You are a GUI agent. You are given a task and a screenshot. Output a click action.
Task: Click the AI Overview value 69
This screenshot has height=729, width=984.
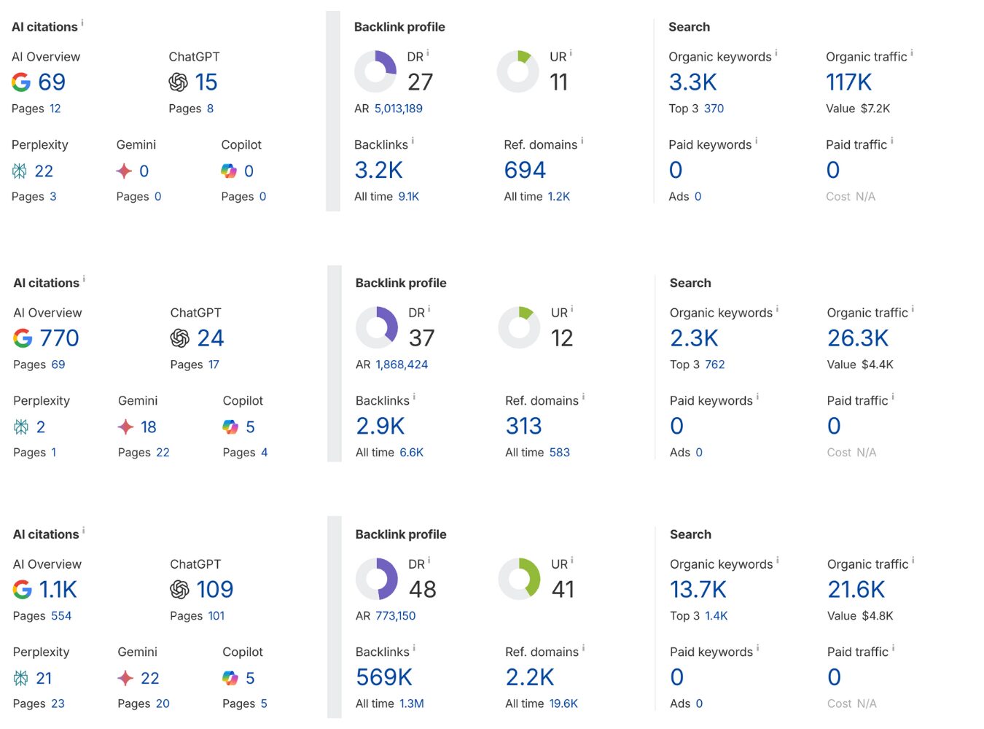[x=52, y=82]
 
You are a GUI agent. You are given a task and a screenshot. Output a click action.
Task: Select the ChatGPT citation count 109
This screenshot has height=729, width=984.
[x=214, y=590]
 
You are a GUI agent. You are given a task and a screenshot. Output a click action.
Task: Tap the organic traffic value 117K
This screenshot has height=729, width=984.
[x=848, y=82]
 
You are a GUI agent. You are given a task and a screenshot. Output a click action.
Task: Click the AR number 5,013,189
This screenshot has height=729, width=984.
[x=398, y=109]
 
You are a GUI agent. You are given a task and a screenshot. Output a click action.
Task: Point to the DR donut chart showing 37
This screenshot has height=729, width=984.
[x=377, y=327]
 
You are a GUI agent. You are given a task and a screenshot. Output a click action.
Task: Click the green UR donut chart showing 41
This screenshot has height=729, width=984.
[x=519, y=579]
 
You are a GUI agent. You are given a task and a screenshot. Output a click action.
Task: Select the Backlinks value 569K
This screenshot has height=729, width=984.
[x=383, y=678]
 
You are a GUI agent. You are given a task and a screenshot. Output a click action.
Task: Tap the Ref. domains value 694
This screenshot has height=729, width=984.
[x=525, y=171]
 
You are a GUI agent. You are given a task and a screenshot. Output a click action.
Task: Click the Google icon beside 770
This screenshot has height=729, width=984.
[x=23, y=338]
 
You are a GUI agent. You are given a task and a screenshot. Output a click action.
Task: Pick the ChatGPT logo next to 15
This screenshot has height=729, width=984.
[x=178, y=82]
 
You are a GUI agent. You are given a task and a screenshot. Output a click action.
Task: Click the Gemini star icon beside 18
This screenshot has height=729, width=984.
[x=125, y=427]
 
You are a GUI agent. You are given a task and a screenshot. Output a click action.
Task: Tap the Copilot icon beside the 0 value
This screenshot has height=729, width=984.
[x=229, y=171]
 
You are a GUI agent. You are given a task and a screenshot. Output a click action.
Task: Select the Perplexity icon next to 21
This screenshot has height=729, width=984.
[x=20, y=679]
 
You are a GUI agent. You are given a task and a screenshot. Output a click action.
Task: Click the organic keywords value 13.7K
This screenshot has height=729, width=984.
[x=698, y=590]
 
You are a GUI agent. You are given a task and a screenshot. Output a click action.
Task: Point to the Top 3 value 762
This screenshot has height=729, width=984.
[x=714, y=364]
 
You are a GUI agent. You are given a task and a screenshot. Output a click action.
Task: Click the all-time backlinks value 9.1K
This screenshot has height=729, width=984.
[x=408, y=197]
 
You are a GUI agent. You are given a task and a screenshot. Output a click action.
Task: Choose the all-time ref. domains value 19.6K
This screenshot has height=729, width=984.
[x=563, y=704]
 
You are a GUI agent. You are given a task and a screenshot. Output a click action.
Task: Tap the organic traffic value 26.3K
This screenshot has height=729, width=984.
[x=857, y=338]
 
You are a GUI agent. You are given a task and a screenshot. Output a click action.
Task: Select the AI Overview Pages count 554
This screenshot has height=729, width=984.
[x=60, y=616]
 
